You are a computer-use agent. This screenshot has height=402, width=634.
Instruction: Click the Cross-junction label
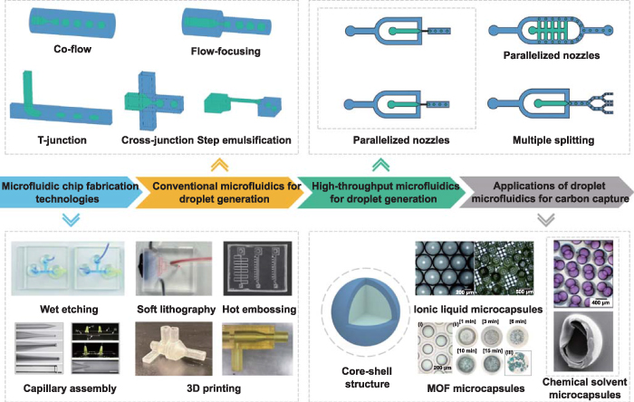pyautogui.click(x=156, y=140)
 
